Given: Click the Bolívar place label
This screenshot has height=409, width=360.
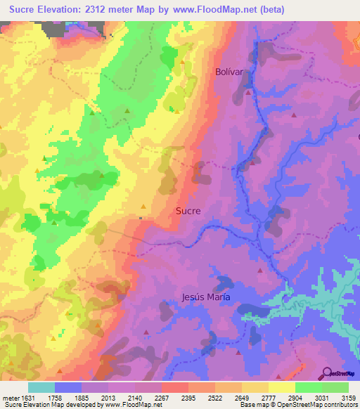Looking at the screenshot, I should pyautogui.click(x=228, y=72).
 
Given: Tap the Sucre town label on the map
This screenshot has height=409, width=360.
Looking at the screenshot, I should pyautogui.click(x=188, y=210).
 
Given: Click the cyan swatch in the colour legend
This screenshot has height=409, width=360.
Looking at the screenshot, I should pyautogui.click(x=41, y=387).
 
